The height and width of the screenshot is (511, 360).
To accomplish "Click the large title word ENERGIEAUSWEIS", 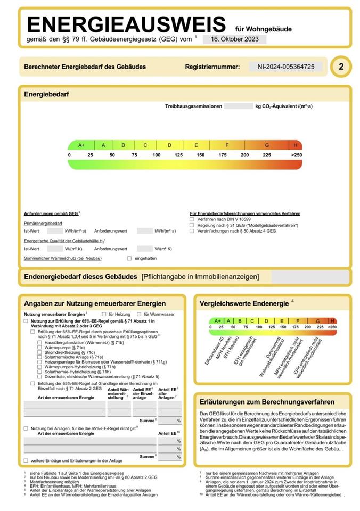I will click(127, 25).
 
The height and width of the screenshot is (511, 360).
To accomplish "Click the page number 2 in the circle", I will click(341, 67).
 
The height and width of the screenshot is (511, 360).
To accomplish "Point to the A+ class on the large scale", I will click(81, 145).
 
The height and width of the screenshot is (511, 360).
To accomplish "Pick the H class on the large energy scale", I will click(295, 145).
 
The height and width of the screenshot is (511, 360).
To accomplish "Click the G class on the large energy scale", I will click(267, 145).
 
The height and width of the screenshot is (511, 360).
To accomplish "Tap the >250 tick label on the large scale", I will click(296, 155).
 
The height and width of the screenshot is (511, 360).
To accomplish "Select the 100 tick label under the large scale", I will click(157, 155).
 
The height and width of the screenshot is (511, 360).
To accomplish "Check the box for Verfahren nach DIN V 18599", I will click(192, 219).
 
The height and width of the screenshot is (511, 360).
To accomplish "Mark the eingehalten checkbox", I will click(129, 258).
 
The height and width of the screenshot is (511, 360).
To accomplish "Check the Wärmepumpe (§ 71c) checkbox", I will click(40, 348).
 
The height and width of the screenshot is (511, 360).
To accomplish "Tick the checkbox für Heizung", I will click(104, 314).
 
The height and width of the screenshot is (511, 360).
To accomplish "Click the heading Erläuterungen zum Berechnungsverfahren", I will click(267, 401).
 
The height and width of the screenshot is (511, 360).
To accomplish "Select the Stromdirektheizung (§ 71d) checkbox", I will click(40, 352).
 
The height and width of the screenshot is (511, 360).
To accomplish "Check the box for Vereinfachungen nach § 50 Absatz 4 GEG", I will click(192, 232).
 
